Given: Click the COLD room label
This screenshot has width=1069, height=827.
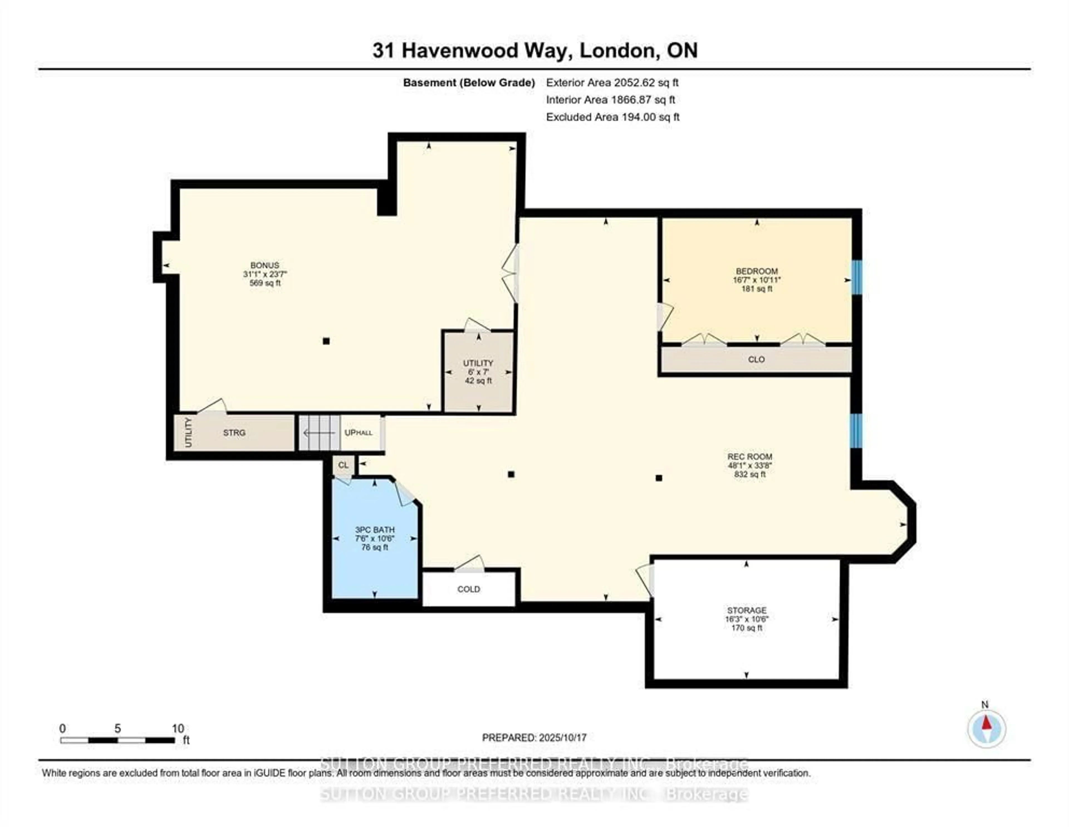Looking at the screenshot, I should coord(469,589).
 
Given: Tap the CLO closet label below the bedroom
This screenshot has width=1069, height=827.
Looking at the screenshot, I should coord(756,359).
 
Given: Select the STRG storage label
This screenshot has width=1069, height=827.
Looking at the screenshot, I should coord(234,433).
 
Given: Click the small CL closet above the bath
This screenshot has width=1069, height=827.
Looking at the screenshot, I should coord(343,465).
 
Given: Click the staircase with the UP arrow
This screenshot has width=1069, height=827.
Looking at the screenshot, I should coord(319,433).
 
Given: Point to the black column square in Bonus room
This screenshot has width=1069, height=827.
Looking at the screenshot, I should coord(326,341).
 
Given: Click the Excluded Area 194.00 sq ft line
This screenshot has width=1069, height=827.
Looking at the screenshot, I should coord(612,117).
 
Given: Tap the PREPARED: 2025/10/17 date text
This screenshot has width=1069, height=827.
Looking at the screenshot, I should coord(534,737).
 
